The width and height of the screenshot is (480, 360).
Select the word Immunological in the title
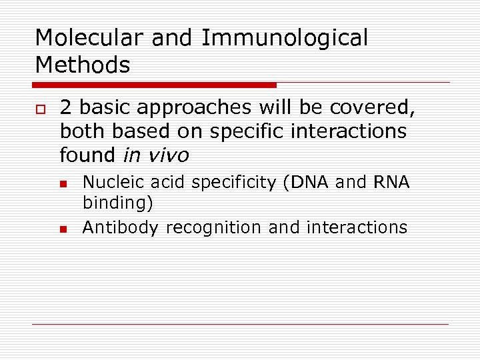284,38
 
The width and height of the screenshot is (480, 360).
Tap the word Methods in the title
82,65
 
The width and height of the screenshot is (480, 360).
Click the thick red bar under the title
155,85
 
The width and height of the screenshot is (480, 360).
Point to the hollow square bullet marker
39,109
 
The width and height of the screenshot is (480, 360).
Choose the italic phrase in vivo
156,155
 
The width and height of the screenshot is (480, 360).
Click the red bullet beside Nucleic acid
63,183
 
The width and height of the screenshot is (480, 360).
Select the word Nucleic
108,182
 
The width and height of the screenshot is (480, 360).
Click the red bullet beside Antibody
63,229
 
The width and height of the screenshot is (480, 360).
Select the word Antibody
121,227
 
